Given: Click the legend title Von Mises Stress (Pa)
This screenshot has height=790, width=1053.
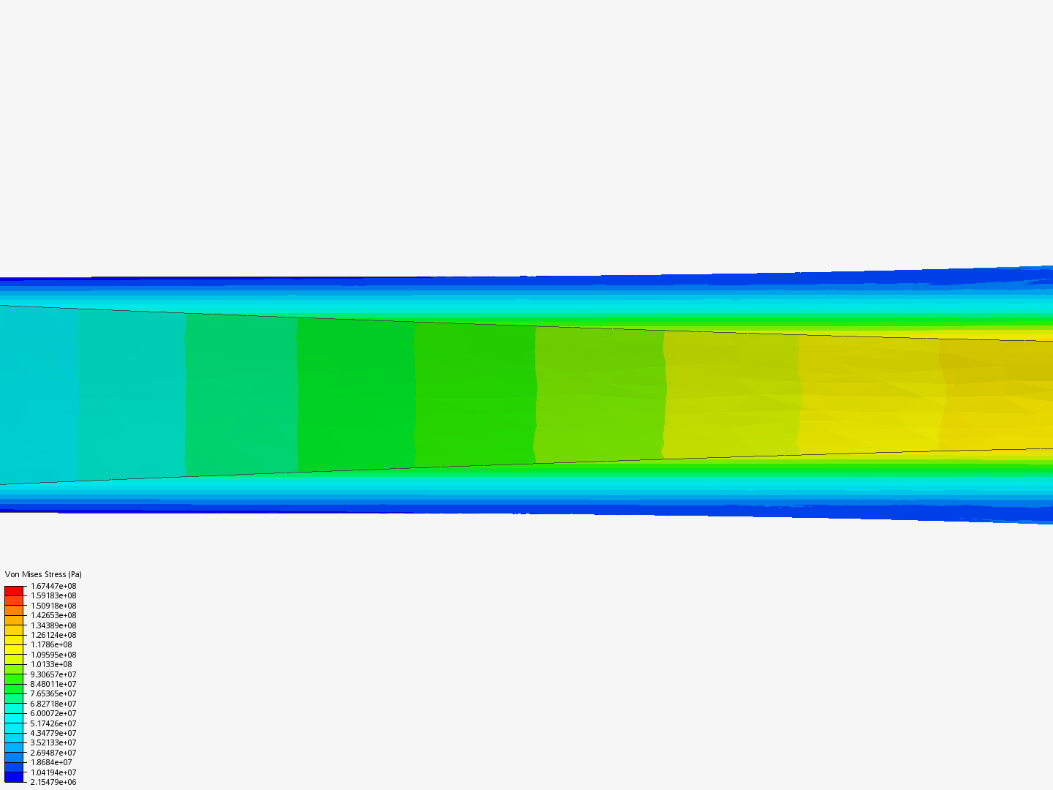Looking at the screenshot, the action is click(x=43, y=574).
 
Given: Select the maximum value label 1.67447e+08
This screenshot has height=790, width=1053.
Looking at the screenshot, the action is click(x=53, y=586).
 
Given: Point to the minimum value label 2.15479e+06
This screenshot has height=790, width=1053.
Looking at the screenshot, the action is click(x=53, y=783).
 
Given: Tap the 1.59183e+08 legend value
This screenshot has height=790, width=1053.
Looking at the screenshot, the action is click(x=53, y=595).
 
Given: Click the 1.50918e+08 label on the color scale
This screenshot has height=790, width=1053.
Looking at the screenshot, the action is click(x=53, y=606).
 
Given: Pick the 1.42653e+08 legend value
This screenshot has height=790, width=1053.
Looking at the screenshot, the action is click(x=53, y=615).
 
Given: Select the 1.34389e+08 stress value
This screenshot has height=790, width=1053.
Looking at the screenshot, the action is click(x=53, y=625).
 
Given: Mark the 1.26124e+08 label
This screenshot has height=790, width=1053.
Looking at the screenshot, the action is click(x=53, y=635).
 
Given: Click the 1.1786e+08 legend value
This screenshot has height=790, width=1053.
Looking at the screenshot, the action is click(x=51, y=644).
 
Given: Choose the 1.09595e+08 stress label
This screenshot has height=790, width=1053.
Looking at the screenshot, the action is click(x=53, y=655).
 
